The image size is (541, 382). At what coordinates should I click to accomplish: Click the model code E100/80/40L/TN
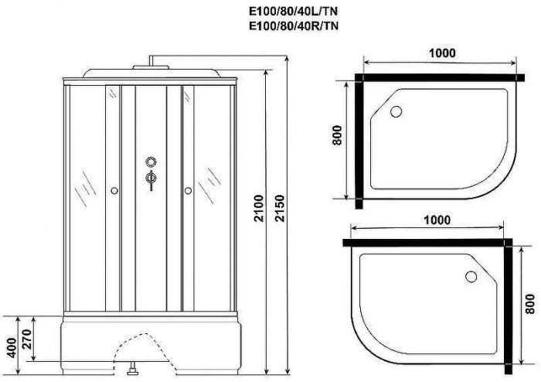click(293, 12)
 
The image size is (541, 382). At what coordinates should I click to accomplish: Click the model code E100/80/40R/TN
click(294, 26)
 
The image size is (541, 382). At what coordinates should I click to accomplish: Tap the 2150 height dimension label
click(280, 208)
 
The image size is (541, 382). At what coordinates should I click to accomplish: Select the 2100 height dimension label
click(259, 208)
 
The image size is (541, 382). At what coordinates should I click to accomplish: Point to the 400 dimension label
click(12, 348)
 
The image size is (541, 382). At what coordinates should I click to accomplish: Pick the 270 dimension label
click(27, 339)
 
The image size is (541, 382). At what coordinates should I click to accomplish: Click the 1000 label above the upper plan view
click(442, 53)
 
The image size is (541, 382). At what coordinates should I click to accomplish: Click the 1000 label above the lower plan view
click(437, 220)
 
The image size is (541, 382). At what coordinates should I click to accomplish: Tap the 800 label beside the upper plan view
click(337, 135)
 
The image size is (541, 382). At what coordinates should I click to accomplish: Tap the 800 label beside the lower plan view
click(530, 304)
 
